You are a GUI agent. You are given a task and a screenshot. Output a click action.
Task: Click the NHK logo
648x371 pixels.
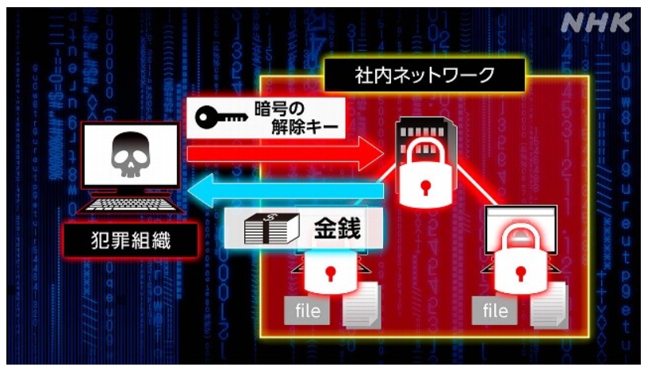[597, 24]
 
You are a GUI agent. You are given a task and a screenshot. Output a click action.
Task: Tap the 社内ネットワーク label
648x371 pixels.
[424, 76]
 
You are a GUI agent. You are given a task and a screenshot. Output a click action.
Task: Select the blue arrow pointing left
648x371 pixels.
[286, 190]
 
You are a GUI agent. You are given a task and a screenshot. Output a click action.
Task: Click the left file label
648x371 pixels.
[305, 311]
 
